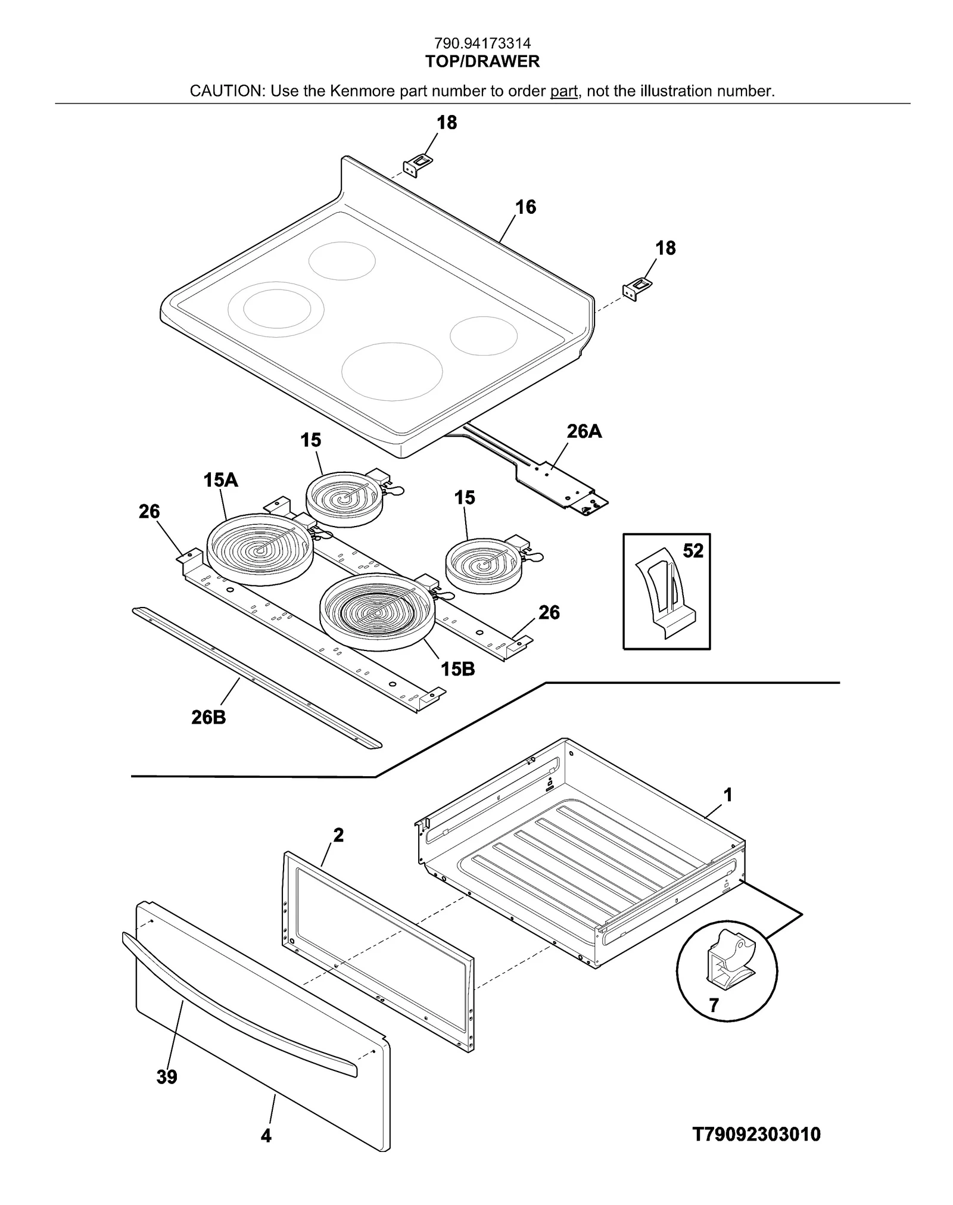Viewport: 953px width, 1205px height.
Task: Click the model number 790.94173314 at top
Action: click(482, 43)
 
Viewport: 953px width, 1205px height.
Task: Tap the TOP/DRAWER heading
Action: click(482, 61)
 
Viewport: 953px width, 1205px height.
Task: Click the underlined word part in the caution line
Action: click(563, 91)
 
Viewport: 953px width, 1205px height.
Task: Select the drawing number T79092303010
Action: click(756, 1134)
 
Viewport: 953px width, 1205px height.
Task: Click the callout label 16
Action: click(525, 207)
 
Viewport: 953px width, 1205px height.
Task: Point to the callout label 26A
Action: click(584, 431)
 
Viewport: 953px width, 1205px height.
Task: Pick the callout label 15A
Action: click(220, 479)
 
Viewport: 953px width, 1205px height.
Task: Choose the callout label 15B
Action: click(457, 669)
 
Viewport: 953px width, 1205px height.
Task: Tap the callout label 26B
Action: click(208, 717)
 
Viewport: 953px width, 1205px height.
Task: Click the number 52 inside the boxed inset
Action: click(693, 550)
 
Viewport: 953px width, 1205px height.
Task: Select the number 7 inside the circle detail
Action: click(714, 1005)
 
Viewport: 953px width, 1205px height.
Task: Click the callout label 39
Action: click(167, 1077)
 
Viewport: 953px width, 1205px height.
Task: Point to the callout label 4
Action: click(266, 1136)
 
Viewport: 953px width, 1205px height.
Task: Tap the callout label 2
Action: click(338, 835)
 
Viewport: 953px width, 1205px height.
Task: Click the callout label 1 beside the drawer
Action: click(727, 795)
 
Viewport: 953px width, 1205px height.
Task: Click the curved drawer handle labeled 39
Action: click(238, 1001)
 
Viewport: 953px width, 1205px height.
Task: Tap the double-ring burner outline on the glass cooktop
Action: click(276, 310)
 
